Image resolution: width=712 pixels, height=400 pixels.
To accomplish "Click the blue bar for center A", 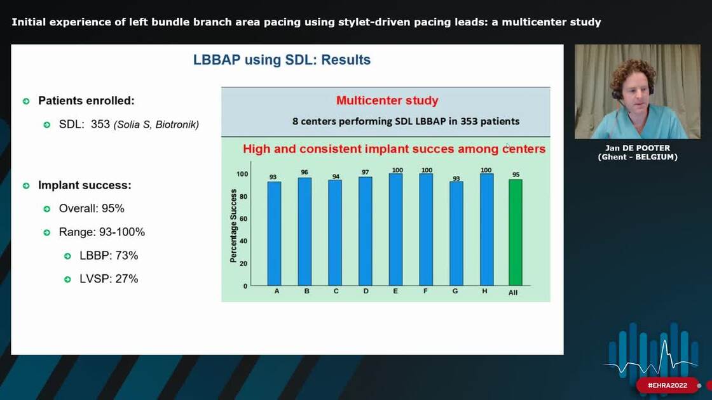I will tap(274, 233).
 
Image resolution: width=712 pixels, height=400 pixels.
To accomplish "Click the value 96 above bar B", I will tap(304, 172).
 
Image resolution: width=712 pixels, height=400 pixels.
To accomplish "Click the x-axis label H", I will tap(486, 291).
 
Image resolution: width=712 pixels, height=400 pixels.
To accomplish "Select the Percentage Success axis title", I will tap(233, 225).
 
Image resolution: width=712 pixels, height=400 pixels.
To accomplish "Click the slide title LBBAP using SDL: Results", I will tap(282, 60).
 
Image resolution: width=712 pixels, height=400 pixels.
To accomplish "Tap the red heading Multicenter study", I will tap(387, 100).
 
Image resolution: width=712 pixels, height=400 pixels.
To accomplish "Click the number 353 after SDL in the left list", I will tap(100, 124).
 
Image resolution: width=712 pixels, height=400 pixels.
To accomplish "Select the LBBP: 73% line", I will tap(109, 255).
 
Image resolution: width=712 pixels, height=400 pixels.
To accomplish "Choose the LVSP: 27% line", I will tap(109, 279).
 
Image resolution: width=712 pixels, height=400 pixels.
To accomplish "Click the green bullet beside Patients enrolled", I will tap(26, 101).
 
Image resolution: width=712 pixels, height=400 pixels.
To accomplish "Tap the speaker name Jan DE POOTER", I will tap(638, 148).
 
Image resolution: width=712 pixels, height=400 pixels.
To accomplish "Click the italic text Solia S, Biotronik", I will tap(156, 125).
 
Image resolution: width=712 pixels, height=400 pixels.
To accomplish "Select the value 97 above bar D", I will tap(365, 171).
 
